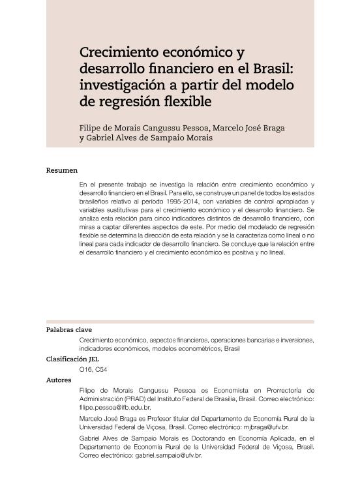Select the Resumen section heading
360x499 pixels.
61,170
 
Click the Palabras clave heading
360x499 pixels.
68,330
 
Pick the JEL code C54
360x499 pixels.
101,370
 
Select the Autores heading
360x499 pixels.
59,380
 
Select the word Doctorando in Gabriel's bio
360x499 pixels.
217,439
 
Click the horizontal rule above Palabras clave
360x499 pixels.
180,322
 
